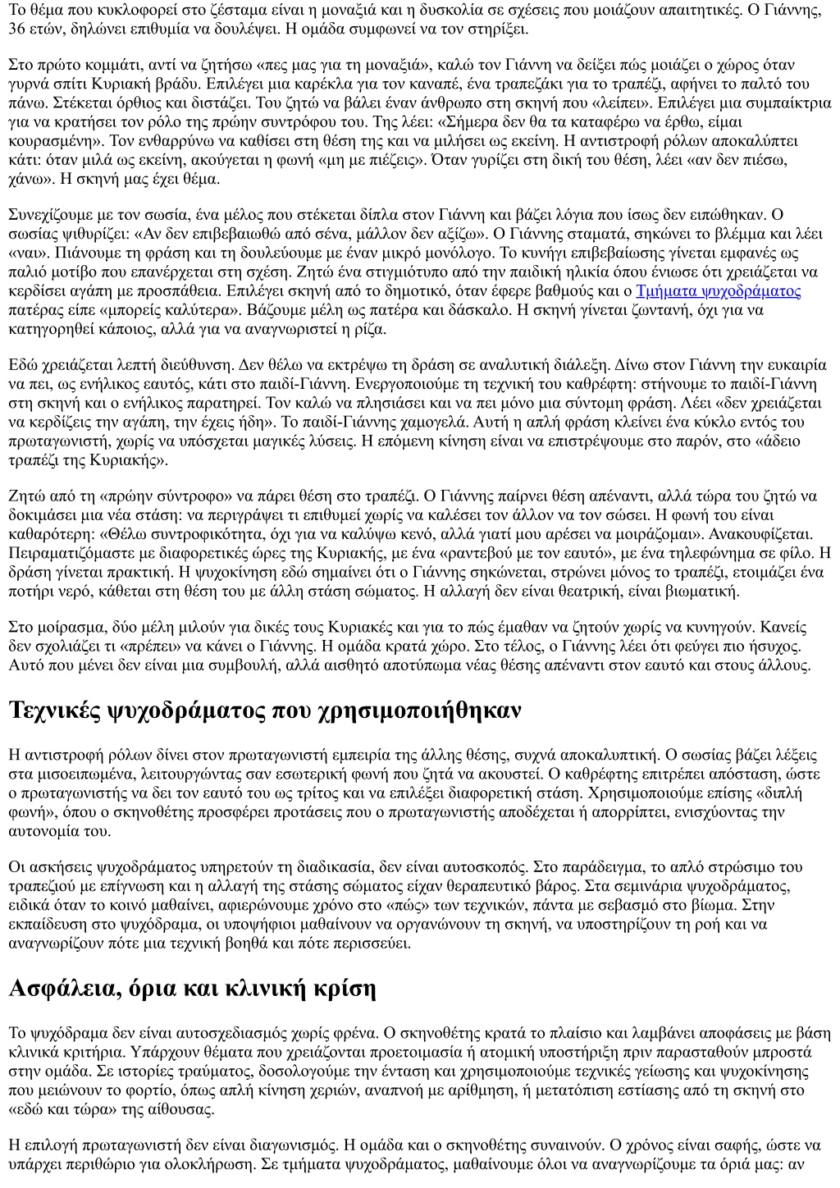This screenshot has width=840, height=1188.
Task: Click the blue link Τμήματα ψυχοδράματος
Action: click(718, 291)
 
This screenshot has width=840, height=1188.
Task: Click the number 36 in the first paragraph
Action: click(16, 29)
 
